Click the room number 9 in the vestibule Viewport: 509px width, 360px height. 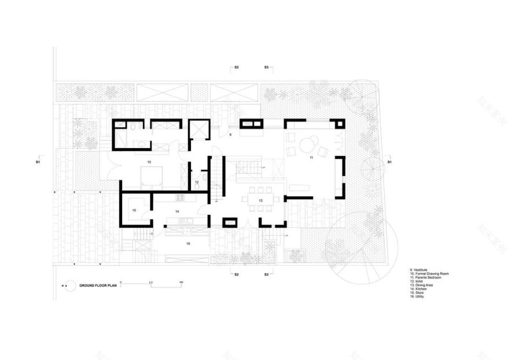[230, 135]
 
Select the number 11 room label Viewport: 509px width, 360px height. [311, 157]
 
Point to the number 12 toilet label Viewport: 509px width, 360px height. [197, 182]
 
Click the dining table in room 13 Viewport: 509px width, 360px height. [261, 200]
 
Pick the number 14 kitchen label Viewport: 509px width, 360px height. [177, 212]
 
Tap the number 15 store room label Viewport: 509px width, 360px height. [134, 211]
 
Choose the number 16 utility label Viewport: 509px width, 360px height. [188, 244]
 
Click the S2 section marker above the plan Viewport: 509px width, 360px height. [236, 68]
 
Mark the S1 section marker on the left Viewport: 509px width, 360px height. [38, 163]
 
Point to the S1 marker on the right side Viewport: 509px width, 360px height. [389, 163]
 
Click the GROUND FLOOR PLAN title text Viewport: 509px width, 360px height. [95, 285]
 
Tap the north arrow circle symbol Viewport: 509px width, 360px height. [68, 285]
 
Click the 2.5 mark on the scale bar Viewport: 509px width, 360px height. [150, 282]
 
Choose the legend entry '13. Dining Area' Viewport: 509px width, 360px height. [422, 285]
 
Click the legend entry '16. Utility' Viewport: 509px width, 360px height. [417, 297]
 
